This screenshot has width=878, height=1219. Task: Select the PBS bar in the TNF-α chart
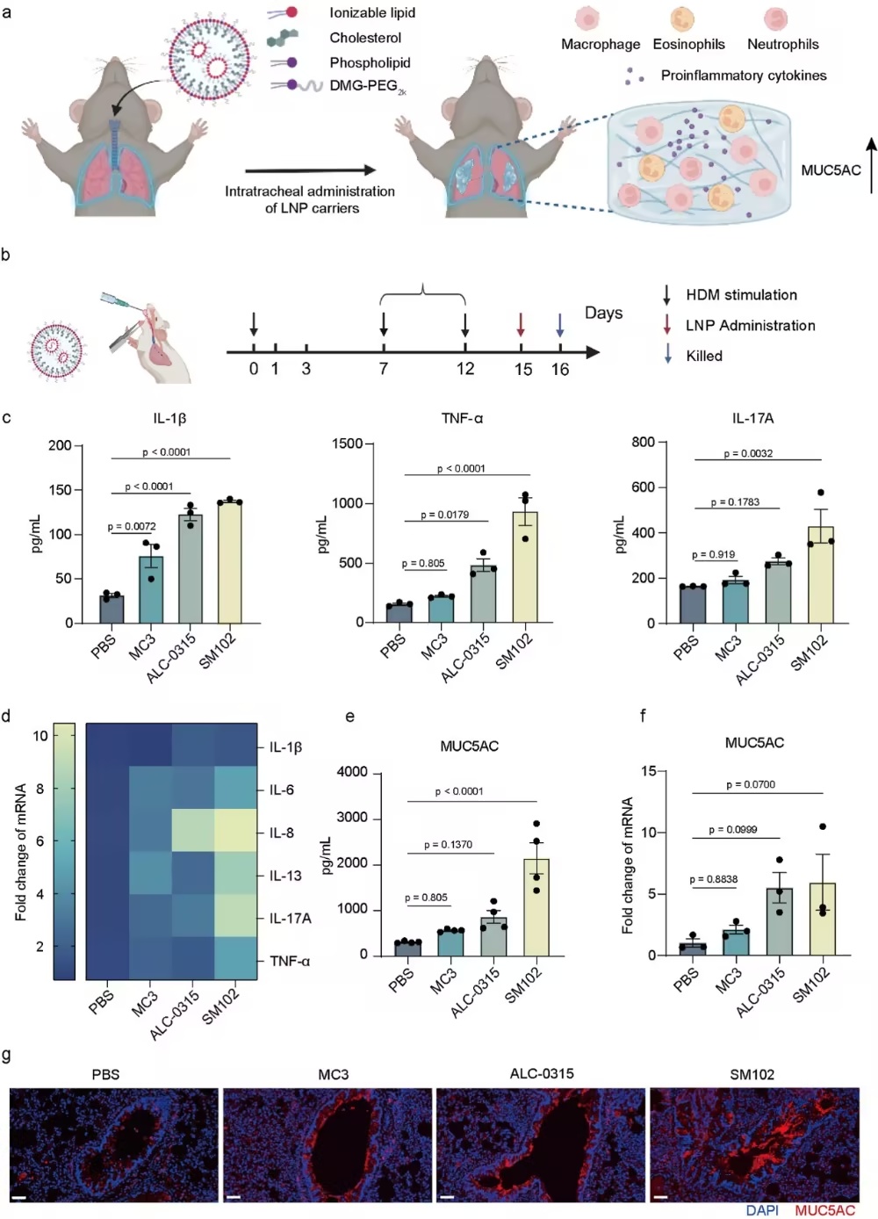tap(399, 613)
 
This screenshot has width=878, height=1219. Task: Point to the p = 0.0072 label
tap(132, 527)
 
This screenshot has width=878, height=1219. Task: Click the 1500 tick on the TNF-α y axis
tap(348, 444)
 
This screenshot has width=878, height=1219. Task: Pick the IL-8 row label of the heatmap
tap(281, 833)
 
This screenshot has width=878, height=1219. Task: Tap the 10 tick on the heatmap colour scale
tap(40, 736)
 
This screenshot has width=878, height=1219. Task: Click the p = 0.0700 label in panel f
tap(751, 784)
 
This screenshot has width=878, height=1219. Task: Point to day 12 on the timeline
tap(465, 369)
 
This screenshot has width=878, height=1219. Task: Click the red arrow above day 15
tap(521, 324)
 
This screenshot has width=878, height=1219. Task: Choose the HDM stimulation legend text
tap(741, 295)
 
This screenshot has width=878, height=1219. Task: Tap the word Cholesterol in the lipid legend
tap(365, 38)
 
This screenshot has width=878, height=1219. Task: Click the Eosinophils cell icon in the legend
tap(682, 18)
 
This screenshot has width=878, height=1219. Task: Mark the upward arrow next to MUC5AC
tap(871, 165)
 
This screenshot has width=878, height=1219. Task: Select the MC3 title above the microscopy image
tap(333, 1074)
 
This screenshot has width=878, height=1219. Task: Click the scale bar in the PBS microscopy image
tap(18, 1196)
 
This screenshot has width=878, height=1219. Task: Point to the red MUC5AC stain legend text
tap(824, 1210)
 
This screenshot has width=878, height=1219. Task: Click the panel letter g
tap(7, 1054)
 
